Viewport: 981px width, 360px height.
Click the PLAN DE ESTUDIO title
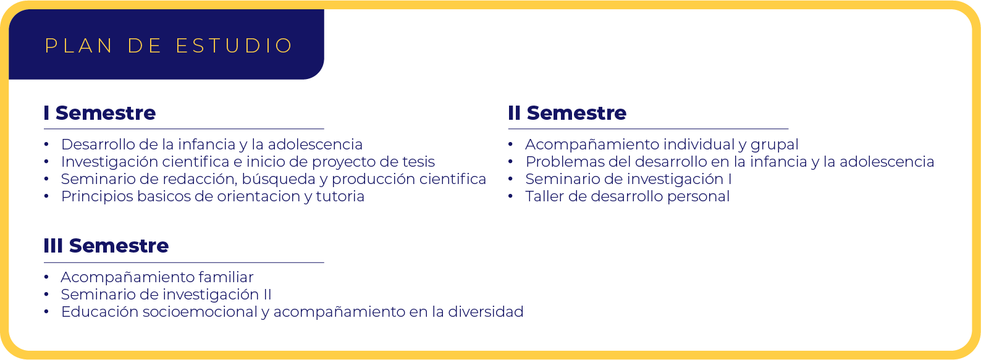(169, 46)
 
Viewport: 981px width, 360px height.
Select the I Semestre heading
(100, 113)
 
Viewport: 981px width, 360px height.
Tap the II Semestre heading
(567, 113)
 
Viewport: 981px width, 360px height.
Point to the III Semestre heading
(106, 246)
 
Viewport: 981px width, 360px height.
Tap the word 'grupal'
(774, 145)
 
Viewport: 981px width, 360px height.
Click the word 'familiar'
(226, 277)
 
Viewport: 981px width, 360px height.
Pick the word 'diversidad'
(486, 312)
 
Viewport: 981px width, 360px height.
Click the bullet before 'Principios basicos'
(46, 196)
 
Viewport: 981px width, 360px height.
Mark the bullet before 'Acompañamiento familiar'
(46, 277)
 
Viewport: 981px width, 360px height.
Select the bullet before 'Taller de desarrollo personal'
(511, 196)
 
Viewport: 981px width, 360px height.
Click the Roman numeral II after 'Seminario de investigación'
(267, 295)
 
